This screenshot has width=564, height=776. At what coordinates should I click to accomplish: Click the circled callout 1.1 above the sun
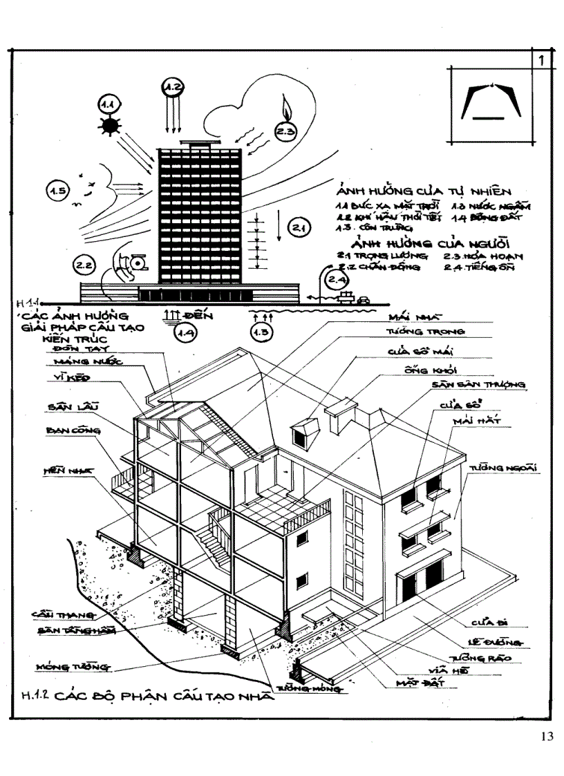pos(109,104)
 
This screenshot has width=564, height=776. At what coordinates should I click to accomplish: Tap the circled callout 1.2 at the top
pos(171,87)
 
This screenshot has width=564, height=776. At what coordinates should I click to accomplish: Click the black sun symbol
pos(109,127)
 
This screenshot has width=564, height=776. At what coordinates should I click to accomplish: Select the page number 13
pos(547,736)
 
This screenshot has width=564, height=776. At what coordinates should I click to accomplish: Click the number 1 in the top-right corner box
pos(543,61)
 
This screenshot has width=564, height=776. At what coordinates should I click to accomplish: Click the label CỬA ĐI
pos(486,620)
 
